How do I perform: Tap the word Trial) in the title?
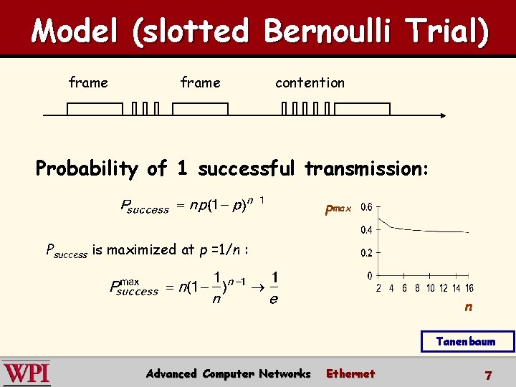click(449, 32)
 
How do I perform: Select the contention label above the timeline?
click(310, 82)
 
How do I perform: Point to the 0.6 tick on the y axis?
click(366, 207)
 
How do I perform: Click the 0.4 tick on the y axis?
click(366, 230)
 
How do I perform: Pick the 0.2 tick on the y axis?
click(366, 253)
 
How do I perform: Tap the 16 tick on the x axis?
click(469, 288)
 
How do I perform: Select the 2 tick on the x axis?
click(378, 288)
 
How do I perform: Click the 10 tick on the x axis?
click(430, 288)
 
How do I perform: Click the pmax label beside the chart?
click(338, 209)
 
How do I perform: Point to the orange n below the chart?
click(468, 307)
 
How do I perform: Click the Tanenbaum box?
click(466, 341)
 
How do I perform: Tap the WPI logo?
click(26, 373)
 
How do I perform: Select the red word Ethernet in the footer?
click(350, 373)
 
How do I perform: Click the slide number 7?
click(488, 375)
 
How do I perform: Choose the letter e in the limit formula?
click(274, 300)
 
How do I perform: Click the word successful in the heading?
click(246, 169)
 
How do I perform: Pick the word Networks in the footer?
click(285, 373)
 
